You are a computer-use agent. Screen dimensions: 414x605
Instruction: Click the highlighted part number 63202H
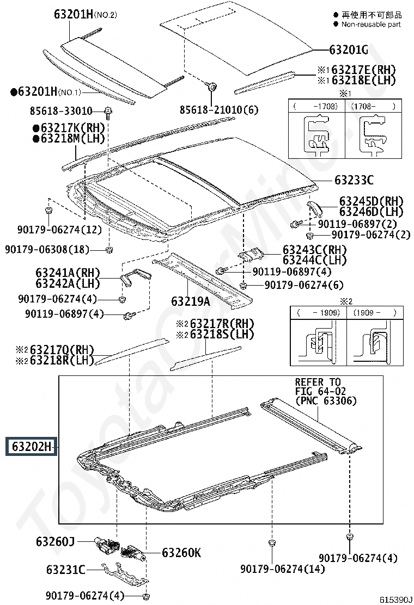(x=31, y=447)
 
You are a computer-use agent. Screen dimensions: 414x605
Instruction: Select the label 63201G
(x=348, y=50)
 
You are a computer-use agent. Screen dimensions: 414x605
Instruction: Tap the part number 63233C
(x=354, y=180)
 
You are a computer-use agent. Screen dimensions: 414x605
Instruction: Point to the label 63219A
(x=191, y=301)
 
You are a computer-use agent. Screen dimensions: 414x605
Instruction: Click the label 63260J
(x=55, y=542)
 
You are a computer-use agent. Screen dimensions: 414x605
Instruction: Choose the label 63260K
(x=181, y=553)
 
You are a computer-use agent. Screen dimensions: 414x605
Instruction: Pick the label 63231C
(x=66, y=570)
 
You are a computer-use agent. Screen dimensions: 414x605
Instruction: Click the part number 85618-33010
(x=61, y=111)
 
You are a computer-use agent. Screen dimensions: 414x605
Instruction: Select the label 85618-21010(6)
(x=219, y=110)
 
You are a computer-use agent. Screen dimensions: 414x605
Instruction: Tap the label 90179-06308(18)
(x=47, y=250)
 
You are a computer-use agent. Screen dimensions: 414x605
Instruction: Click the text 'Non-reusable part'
(x=371, y=24)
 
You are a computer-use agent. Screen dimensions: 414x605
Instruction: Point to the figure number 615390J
(x=396, y=599)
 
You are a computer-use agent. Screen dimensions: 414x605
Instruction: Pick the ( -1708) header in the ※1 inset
(x=316, y=106)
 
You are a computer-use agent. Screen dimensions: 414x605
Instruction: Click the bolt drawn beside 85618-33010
(x=108, y=112)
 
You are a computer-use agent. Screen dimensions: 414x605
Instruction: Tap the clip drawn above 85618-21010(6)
(x=212, y=87)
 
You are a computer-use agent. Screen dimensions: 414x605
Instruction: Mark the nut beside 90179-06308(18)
(x=109, y=249)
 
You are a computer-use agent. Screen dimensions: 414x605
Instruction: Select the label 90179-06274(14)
(x=283, y=569)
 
